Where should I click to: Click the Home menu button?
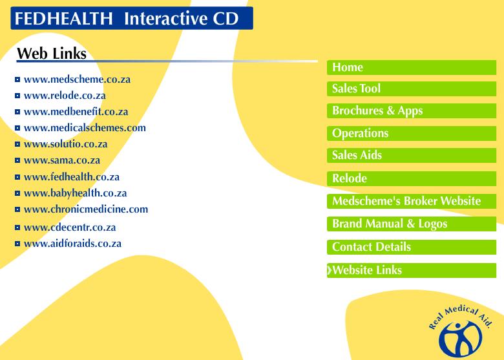tap(412, 67)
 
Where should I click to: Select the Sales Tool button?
tap(412, 89)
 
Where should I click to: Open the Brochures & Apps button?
tap(412, 111)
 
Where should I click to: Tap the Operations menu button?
tap(412, 133)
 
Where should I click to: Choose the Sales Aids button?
tap(412, 155)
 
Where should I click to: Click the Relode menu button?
tap(412, 178)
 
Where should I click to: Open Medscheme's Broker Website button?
tap(412, 201)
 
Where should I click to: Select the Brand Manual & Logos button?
tap(412, 224)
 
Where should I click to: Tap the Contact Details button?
tap(412, 247)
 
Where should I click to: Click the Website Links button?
tap(412, 270)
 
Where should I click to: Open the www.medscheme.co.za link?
tap(77, 79)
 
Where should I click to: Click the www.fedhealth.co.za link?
tap(72, 177)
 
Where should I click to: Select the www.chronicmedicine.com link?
tap(86, 209)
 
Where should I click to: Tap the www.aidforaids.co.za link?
tap(72, 244)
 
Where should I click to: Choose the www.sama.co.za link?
tap(62, 160)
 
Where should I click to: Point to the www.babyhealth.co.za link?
tap(75, 193)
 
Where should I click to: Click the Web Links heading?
tap(52, 54)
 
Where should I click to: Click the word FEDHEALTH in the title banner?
tap(63, 18)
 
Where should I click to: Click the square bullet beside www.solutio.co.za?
tap(17, 144)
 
